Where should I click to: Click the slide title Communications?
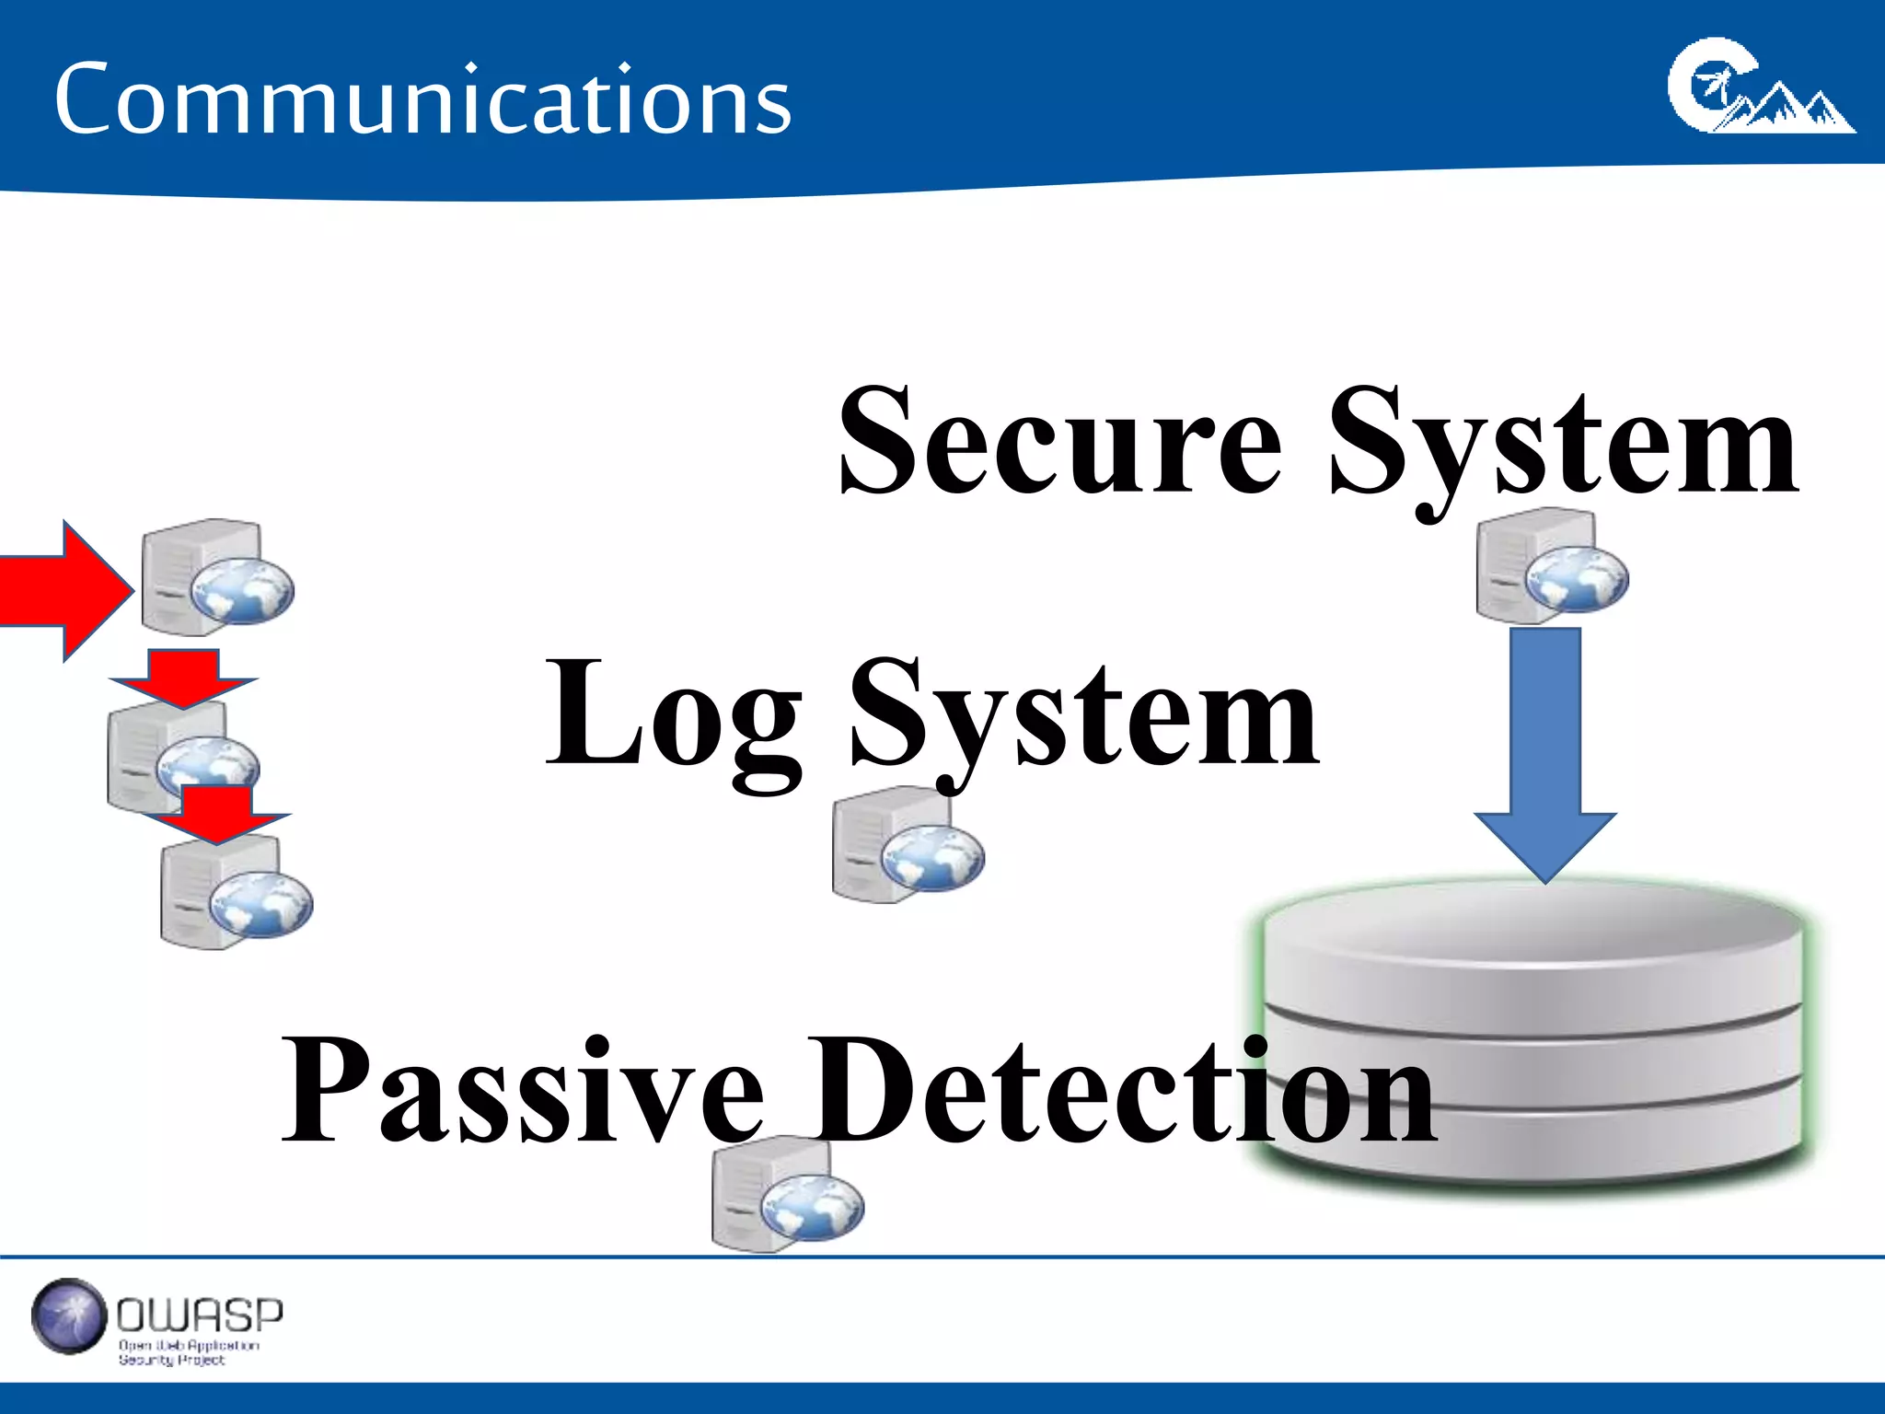[x=422, y=99]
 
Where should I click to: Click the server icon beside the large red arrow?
[x=217, y=577]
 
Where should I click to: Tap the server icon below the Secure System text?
[x=1552, y=565]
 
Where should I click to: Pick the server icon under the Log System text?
[x=908, y=844]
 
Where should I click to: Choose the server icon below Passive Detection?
[x=788, y=1195]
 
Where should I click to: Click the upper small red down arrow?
[x=183, y=677]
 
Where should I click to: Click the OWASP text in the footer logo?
[x=200, y=1315]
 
